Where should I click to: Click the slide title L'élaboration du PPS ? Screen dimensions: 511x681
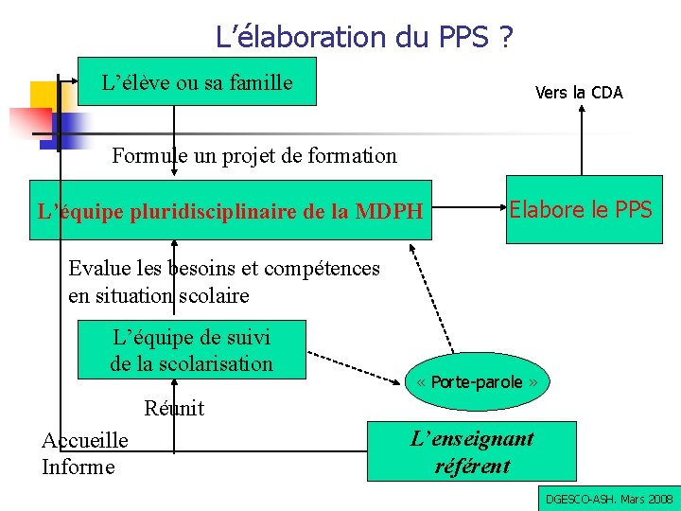coord(364,37)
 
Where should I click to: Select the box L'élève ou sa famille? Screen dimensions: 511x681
coord(197,82)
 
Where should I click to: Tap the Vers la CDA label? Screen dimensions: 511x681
coord(579,93)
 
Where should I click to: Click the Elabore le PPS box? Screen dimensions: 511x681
coord(581,210)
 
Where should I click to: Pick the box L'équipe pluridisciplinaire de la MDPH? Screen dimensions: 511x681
coord(230,210)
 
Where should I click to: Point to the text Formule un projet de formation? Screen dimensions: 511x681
coord(254,155)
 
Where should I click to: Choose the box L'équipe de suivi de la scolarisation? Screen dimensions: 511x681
coord(191,349)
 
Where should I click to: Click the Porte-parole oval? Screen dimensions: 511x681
coord(478,382)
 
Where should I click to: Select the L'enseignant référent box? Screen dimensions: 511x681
coord(471,451)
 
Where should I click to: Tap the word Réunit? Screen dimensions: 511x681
coord(174,409)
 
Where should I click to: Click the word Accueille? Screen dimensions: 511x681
coord(85,441)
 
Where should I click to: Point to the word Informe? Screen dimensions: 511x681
coord(78,467)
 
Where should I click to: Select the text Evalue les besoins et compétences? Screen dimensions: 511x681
coord(223,269)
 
